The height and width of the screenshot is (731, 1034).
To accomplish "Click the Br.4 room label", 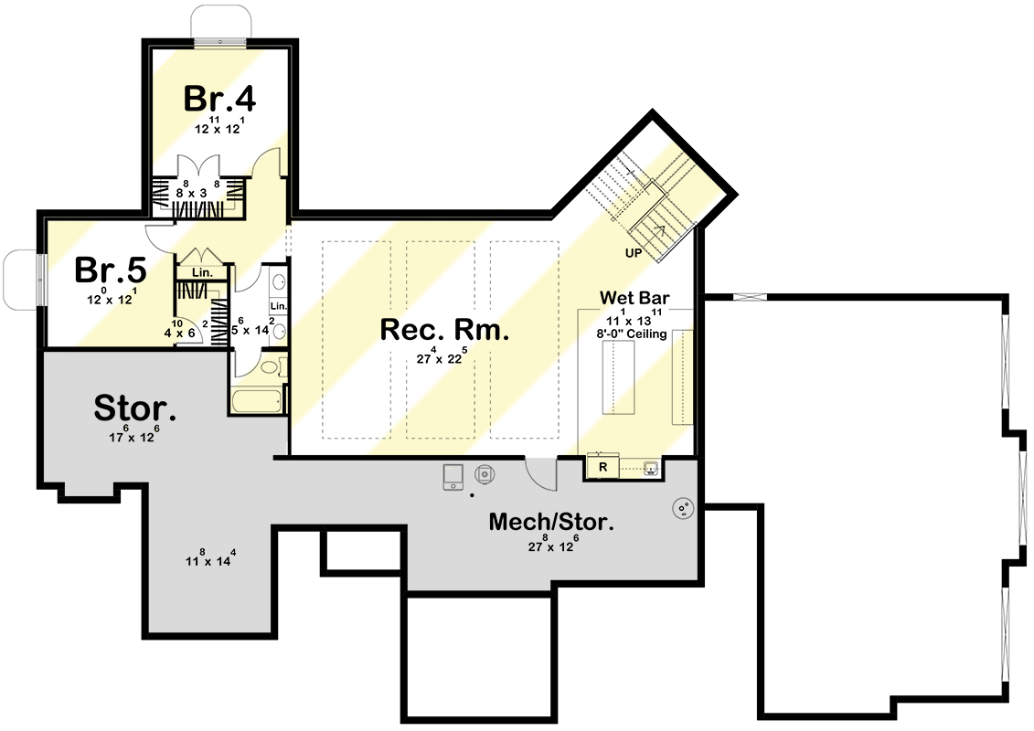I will pos(219,99).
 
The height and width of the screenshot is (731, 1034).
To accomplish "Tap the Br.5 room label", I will pos(110,270).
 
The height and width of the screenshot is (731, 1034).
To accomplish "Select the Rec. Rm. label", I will pos(443,330).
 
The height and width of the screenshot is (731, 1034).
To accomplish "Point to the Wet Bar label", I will pos(635,298).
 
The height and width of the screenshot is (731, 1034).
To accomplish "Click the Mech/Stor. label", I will pos(550,522).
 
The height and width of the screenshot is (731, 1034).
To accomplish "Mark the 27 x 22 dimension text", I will pos(442,358).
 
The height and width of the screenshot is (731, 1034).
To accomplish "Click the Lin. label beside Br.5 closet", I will pos(202,272).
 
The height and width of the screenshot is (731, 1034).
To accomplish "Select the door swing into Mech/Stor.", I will pos(540,474).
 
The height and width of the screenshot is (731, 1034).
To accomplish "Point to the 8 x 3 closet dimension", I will pos(197,192).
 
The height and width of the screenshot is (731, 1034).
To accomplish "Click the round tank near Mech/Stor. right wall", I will pos(682,508).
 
